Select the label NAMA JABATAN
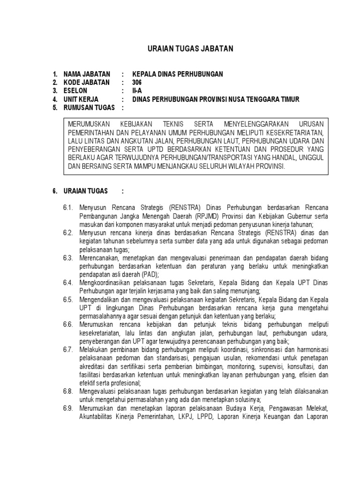point(87,74)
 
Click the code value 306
point(136,82)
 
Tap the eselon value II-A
point(136,91)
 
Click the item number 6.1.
point(68,208)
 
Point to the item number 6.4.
point(68,283)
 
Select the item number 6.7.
point(68,350)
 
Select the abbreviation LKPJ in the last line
point(181,417)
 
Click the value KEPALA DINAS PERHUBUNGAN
point(178,74)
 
